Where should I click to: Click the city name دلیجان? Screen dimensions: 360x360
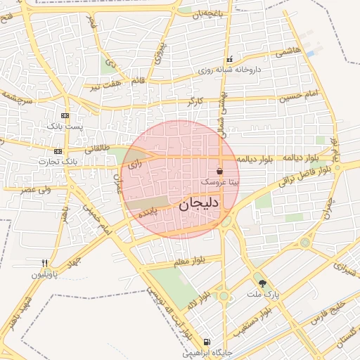199,204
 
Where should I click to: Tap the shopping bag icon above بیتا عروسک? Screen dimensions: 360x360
220,171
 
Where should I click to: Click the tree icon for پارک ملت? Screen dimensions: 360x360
263,284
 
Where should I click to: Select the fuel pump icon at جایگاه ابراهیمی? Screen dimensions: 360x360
206,343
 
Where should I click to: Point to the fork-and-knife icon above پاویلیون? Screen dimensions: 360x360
45,264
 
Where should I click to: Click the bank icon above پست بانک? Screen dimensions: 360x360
65,115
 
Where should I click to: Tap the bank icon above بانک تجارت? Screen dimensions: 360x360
58,151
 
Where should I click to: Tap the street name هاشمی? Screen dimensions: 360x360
288,51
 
